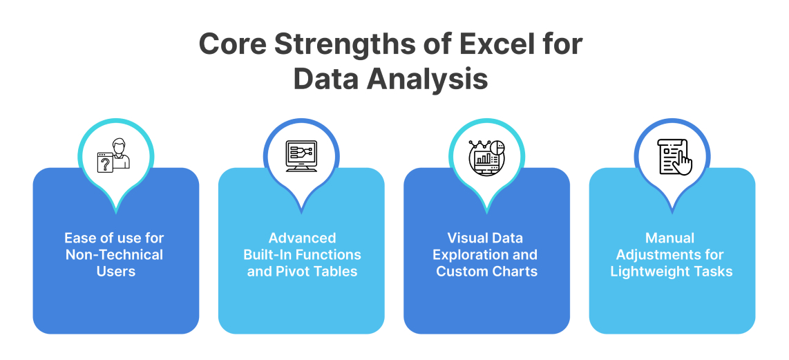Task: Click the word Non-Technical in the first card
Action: tap(115, 254)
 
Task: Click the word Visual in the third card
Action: tap(468, 238)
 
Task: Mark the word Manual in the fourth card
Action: tap(670, 238)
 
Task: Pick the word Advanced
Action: tap(302, 238)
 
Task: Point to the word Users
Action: tap(115, 271)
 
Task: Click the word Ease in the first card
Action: tap(79, 238)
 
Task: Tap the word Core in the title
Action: tap(231, 44)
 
